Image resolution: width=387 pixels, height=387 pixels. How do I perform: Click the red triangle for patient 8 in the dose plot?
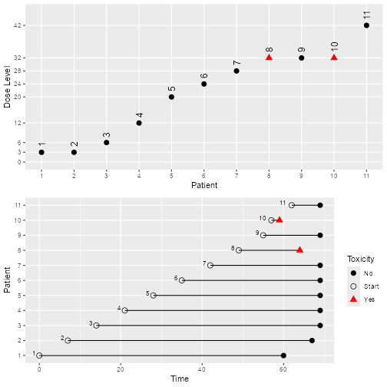pyautogui.click(x=269, y=58)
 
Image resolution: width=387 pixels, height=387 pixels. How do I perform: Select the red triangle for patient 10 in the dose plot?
pyautogui.click(x=334, y=58)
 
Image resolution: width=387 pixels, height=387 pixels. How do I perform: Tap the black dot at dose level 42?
pyautogui.click(x=366, y=25)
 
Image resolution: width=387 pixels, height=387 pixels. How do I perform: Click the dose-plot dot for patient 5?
pyautogui.click(x=171, y=97)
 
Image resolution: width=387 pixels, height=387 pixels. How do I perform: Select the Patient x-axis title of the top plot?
pyautogui.click(x=203, y=184)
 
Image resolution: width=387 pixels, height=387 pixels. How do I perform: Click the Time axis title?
pyautogui.click(x=179, y=379)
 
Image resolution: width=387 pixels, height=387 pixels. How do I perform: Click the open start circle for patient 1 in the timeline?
pyautogui.click(x=39, y=356)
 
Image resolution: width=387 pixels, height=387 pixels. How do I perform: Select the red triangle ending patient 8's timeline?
pyautogui.click(x=299, y=250)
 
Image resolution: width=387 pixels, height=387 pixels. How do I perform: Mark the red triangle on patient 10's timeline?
pyautogui.click(x=279, y=220)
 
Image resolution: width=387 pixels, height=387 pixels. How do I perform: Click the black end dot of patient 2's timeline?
pyautogui.click(x=312, y=340)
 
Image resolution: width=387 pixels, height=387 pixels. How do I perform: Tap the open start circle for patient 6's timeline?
pyautogui.click(x=182, y=280)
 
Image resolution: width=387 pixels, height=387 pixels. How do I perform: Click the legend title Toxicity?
pyautogui.click(x=360, y=259)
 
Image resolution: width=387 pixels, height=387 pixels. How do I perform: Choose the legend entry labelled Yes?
pyautogui.click(x=368, y=299)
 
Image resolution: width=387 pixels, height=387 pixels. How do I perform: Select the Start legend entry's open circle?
pyautogui.click(x=354, y=286)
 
